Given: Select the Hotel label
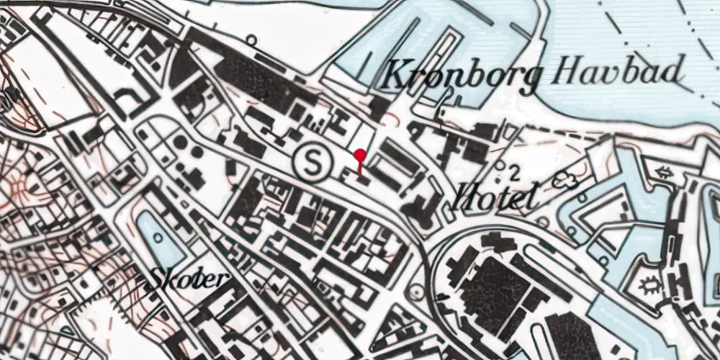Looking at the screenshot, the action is (496, 197).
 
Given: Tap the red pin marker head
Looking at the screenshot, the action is (360, 154).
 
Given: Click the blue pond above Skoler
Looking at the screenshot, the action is (159, 238).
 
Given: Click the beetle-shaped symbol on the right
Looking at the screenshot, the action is (649, 285).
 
